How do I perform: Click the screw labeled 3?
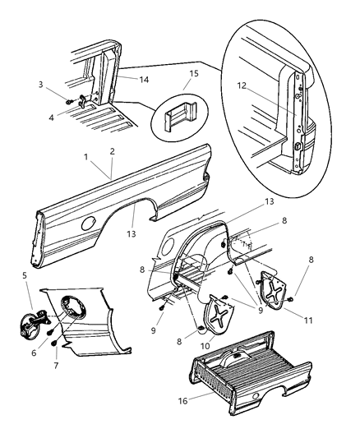coord(72,103)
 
